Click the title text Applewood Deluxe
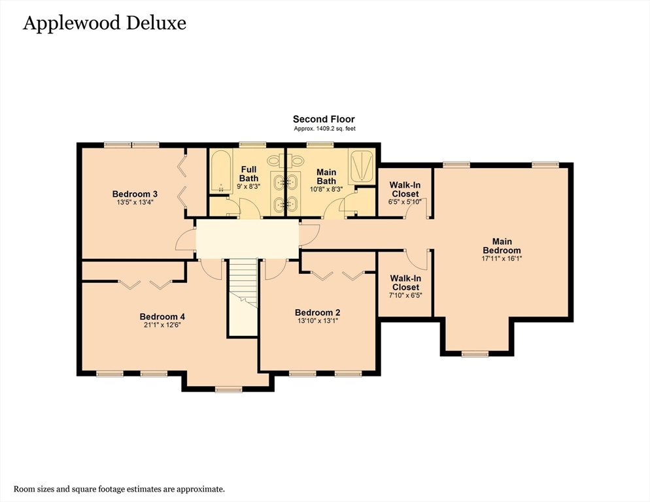(105, 24)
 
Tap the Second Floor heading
(324, 119)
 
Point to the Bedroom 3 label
(135, 193)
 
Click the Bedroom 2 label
(317, 312)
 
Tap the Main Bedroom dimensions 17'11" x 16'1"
(502, 258)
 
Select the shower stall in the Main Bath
(360, 165)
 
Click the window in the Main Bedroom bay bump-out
(475, 354)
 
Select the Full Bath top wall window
(252, 144)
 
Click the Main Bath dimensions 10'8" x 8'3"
(326, 189)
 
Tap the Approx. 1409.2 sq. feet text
(324, 129)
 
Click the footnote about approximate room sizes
(120, 488)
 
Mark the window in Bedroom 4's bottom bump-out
(228, 390)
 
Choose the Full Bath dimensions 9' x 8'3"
(248, 187)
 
